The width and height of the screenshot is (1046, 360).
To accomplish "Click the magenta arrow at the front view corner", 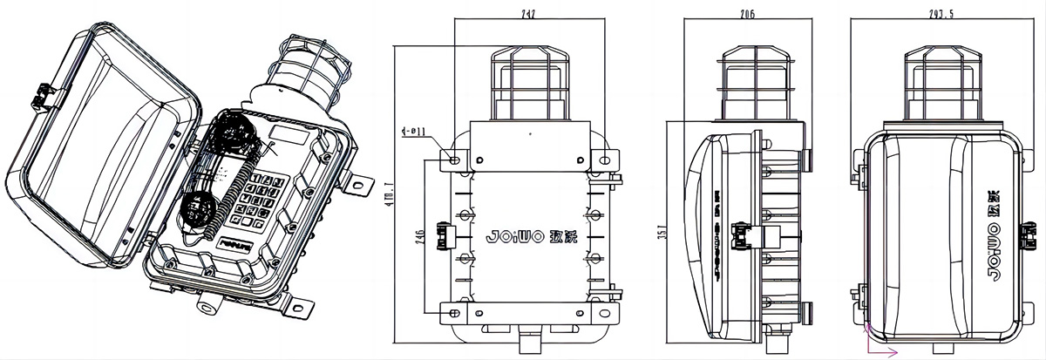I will [882, 349].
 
